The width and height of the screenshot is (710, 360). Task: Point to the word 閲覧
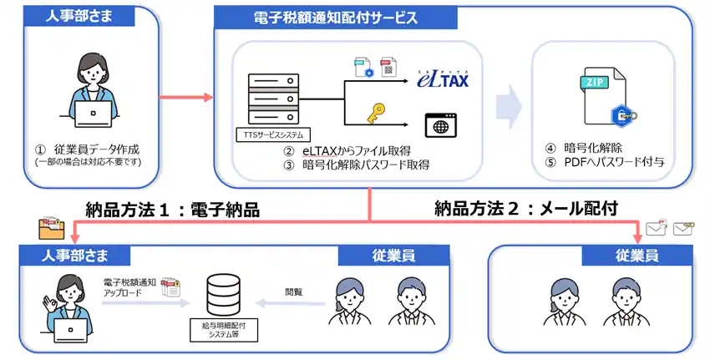(x=293, y=293)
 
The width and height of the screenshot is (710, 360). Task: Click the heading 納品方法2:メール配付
(x=526, y=209)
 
